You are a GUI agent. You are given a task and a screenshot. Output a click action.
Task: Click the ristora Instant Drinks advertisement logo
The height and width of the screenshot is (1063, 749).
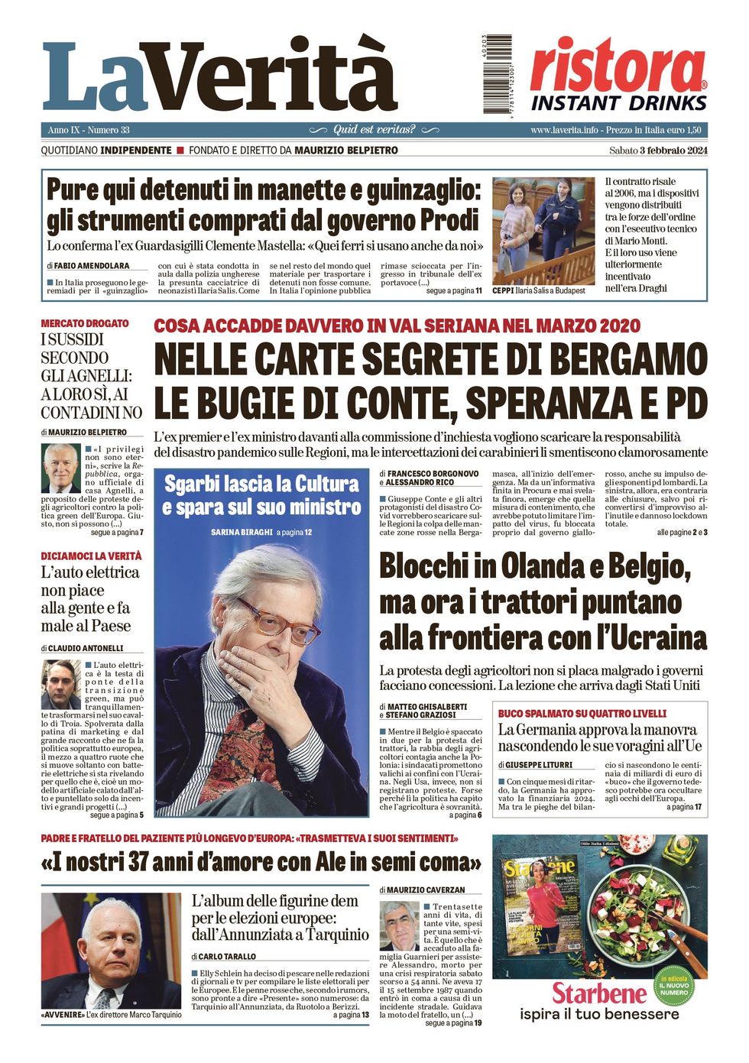618,75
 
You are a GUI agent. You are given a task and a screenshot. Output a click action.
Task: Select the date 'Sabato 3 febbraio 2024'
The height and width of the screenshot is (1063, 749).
658,151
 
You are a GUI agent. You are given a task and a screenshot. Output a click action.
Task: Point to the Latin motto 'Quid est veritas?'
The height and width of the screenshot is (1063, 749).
374,130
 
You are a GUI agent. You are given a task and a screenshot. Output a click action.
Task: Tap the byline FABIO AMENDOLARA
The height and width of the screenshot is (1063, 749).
92,266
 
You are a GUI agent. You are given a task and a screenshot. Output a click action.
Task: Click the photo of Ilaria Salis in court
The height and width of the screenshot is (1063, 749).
543,231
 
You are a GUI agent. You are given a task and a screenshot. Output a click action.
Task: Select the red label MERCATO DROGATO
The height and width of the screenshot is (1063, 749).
85,323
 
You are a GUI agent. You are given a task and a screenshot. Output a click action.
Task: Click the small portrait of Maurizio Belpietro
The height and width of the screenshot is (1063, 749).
61,468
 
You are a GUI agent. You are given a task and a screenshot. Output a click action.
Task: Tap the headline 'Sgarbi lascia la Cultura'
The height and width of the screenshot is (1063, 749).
261,484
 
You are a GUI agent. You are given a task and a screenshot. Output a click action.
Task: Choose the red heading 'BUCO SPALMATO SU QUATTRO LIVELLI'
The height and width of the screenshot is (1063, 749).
582,713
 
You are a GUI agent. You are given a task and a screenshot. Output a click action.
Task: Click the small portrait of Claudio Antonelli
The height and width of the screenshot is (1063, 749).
60,684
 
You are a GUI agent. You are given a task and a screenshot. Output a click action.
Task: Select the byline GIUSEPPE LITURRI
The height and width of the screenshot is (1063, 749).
539,764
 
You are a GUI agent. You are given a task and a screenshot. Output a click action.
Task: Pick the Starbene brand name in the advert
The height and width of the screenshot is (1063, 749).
599,993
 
